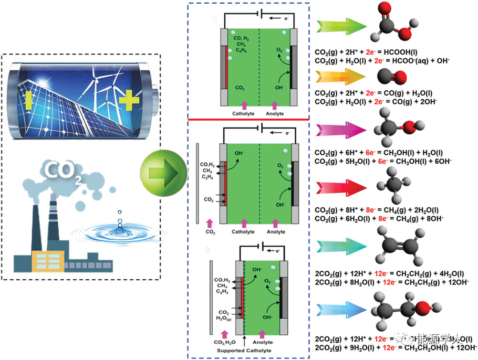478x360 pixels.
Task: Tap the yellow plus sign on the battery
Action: tap(128, 99)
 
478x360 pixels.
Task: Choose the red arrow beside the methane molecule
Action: tap(341, 187)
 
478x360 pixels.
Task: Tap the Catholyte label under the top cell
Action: tap(243, 113)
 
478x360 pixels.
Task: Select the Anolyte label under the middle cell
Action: tap(275, 231)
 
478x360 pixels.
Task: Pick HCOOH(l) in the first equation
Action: tap(401, 52)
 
